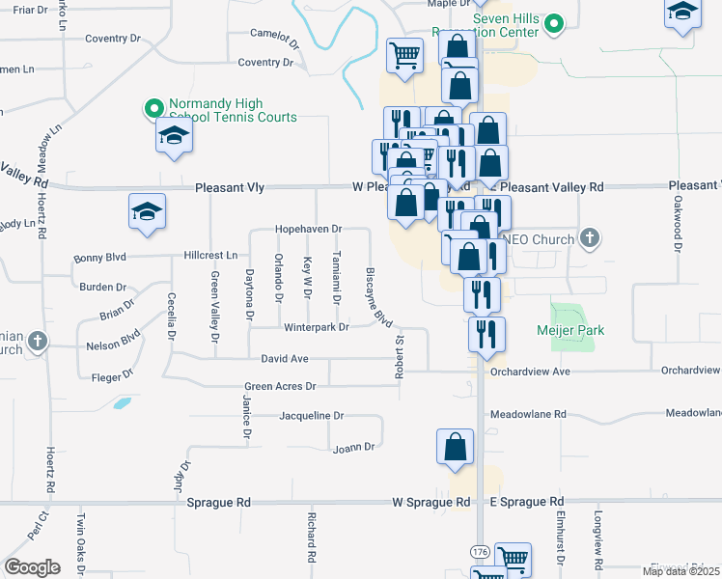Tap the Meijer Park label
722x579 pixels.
(570, 330)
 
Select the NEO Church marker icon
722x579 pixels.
(592, 237)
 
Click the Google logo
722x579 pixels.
(32, 566)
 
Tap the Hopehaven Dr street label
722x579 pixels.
(309, 229)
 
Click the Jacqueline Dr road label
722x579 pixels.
(311, 416)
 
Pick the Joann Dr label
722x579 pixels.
(352, 447)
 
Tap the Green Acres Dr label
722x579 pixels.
(280, 386)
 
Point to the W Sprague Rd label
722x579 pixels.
(430, 502)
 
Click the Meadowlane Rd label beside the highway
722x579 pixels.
(527, 414)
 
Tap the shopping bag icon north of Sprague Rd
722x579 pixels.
(454, 448)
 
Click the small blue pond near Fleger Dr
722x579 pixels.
(122, 402)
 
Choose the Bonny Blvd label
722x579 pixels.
(100, 259)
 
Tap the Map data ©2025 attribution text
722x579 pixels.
(680, 571)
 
